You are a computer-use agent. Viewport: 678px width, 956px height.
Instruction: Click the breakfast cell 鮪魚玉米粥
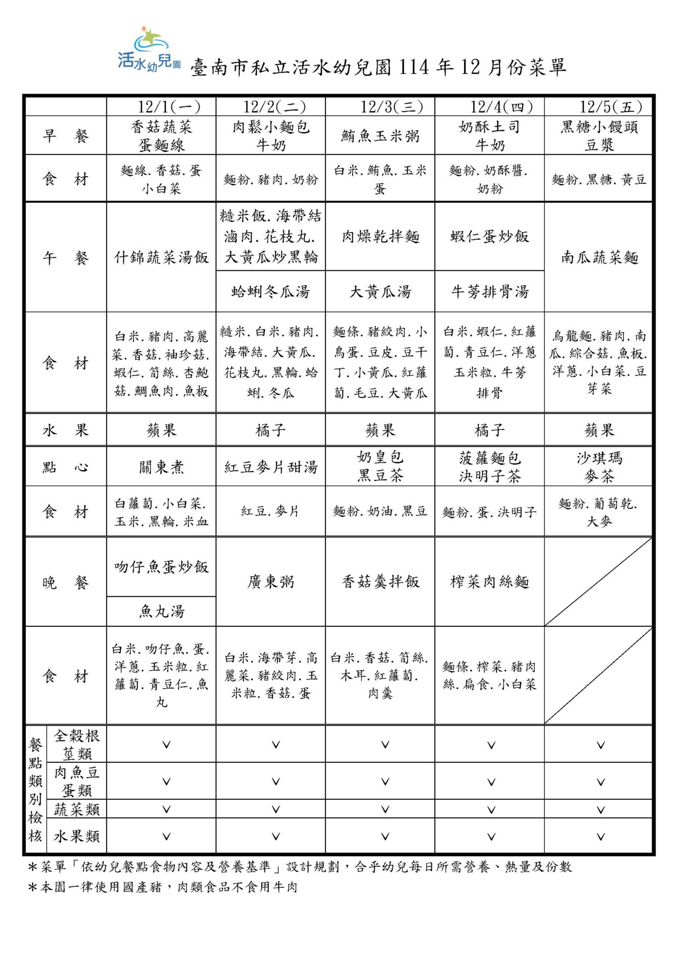point(380,136)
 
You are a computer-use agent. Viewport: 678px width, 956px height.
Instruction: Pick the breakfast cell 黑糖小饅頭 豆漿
point(599,136)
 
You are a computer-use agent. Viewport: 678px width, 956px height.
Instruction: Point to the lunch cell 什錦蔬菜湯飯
point(161,257)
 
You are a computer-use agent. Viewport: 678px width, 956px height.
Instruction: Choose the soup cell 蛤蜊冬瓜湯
point(271,292)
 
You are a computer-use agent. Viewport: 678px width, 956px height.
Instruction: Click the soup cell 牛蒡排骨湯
point(489,292)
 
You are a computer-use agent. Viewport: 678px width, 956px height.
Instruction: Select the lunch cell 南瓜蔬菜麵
point(599,257)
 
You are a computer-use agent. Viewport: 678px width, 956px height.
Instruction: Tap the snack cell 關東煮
point(161,467)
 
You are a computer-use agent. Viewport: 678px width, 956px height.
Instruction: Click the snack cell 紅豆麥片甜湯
point(271,467)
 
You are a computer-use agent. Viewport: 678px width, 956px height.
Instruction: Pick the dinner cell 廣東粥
point(271,582)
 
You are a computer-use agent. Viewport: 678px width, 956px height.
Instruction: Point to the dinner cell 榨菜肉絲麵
point(489,582)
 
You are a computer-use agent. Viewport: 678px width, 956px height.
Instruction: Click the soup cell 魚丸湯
point(161,611)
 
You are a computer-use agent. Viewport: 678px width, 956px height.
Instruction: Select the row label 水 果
point(65,430)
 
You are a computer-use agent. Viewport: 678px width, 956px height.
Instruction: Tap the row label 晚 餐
point(65,582)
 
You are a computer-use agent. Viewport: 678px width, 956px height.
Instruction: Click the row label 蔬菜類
point(77,810)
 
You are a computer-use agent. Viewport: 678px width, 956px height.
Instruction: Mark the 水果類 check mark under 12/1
point(166,837)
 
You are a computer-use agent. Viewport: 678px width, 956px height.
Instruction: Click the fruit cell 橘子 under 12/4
point(489,430)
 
